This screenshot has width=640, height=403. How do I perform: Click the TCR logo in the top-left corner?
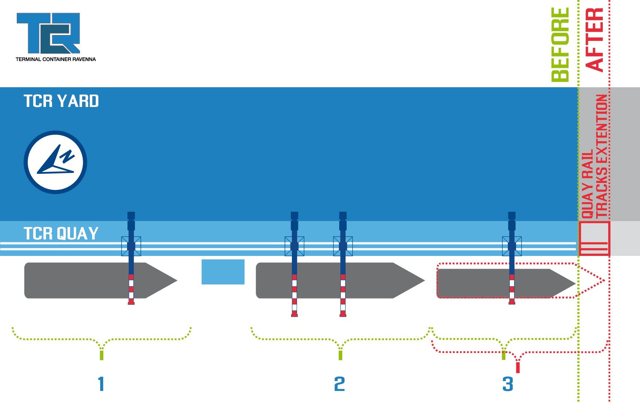click(48, 33)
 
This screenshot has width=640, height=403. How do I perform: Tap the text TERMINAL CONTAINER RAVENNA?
click(55, 59)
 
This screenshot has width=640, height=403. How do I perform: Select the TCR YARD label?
click(61, 101)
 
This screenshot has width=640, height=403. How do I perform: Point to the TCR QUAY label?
click(61, 234)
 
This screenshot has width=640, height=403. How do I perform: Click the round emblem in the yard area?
click(55, 162)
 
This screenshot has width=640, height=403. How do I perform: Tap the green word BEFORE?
click(560, 45)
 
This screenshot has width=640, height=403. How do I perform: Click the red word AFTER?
click(594, 39)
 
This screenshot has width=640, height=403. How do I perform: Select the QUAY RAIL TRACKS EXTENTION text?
click(595, 157)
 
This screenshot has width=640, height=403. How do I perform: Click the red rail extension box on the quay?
click(594, 238)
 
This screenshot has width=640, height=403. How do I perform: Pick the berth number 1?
click(101, 384)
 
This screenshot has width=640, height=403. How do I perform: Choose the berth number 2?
click(340, 384)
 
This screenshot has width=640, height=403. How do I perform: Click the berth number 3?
click(508, 384)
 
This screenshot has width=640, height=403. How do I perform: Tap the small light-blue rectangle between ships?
click(223, 272)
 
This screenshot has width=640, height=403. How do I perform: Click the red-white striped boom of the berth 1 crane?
click(131, 289)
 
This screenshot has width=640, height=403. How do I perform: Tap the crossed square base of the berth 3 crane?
click(512, 246)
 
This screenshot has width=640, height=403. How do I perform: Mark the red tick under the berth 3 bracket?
click(517, 367)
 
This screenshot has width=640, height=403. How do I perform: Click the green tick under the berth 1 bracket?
click(101, 354)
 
